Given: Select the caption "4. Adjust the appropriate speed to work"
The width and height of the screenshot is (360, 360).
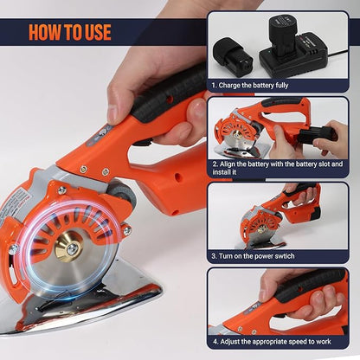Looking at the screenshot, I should click(x=276, y=341).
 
